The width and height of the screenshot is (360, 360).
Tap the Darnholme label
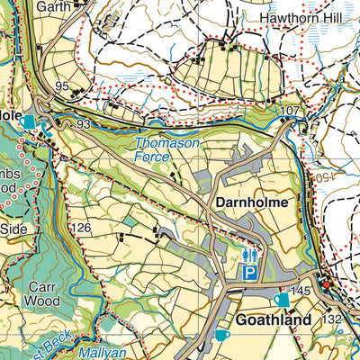tap(251, 203)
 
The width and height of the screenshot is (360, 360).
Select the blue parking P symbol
tap(250, 272)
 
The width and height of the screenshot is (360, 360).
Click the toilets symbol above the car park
tap(250, 256)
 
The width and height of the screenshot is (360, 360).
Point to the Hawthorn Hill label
tap(297, 17)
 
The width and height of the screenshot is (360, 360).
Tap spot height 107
tap(289, 111)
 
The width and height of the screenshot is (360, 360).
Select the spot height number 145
tap(301, 291)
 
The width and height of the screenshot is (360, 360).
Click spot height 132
tap(333, 319)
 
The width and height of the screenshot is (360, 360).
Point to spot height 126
tap(82, 228)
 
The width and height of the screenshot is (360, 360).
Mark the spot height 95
tap(62, 86)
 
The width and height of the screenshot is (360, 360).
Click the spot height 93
tap(84, 123)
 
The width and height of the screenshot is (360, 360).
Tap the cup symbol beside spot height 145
tap(282, 299)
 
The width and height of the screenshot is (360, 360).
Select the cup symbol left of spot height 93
tap(30, 121)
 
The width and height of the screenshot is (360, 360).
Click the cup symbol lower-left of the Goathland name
tap(221, 336)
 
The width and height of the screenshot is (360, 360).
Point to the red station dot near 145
tap(327, 285)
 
